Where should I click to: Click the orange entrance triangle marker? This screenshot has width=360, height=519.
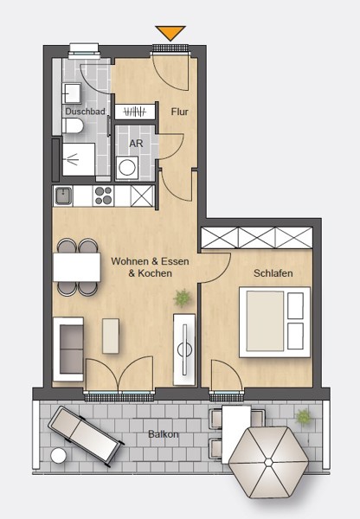click(x=170, y=33)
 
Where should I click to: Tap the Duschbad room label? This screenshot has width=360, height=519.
click(x=85, y=112)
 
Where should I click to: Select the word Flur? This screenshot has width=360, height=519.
click(x=179, y=112)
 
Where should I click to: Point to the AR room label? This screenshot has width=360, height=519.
click(x=136, y=144)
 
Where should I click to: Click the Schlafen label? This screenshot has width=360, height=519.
click(x=273, y=273)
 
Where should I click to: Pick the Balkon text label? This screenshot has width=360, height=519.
click(x=164, y=434)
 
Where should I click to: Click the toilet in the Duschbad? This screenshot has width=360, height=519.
click(x=73, y=126)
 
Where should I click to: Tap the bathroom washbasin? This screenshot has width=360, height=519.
click(x=72, y=93)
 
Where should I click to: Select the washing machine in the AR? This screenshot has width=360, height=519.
click(x=127, y=168)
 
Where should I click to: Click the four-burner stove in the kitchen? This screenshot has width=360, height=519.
click(x=103, y=196)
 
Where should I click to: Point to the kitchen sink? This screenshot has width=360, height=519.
click(x=63, y=196)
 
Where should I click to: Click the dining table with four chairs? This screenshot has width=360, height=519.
click(x=77, y=267)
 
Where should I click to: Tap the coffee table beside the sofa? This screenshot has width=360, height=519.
click(x=111, y=336)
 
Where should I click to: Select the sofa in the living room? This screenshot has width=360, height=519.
click(x=68, y=349)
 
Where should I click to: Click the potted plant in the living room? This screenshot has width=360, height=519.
click(x=182, y=298)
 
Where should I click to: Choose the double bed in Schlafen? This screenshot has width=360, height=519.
click(x=274, y=322)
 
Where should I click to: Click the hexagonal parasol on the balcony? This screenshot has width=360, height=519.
click(x=268, y=462)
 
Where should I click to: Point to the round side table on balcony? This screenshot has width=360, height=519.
click(x=58, y=455)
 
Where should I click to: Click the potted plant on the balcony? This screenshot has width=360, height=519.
click(x=304, y=417)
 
